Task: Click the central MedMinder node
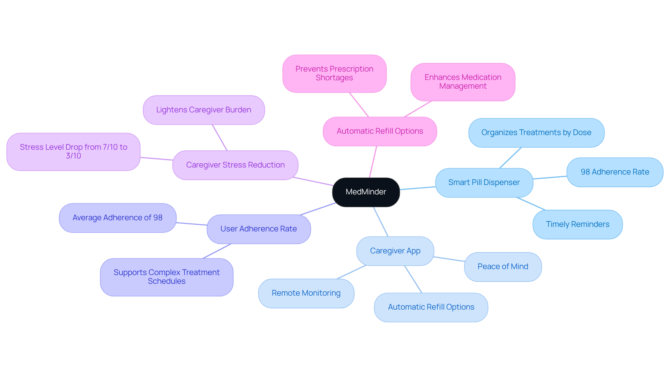pos(366,192)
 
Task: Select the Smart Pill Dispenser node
pos(484,183)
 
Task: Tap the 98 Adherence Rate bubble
pos(615,172)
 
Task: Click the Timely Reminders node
pos(578,224)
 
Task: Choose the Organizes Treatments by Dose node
pos(536,133)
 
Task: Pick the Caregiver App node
pos(395,251)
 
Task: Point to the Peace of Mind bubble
pos(502,267)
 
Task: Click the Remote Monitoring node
pos(306,293)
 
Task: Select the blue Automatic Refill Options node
pos(431,307)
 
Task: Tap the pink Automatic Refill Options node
pos(380,131)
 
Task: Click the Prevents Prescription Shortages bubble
pos(334,73)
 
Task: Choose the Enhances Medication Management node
pos(463,82)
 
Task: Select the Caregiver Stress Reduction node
pos(235,165)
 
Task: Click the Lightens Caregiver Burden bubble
pos(204,110)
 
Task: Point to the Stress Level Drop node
pos(73,151)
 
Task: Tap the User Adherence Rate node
pos(259,229)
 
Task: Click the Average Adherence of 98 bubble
pos(118,218)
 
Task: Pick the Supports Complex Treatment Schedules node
pos(166,277)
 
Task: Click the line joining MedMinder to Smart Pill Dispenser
pos(418,188)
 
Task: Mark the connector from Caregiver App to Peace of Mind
pos(449,259)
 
